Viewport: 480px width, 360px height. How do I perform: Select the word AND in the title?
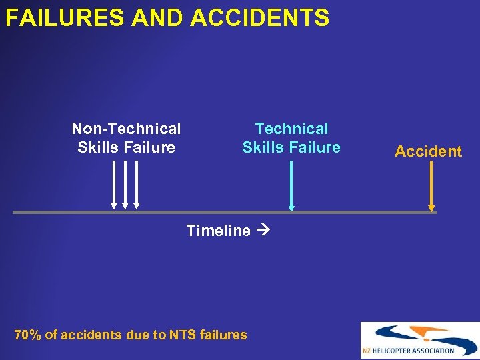pos(159,18)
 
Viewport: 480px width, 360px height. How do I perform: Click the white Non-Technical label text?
pos(126,129)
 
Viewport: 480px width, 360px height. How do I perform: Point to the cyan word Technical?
pos(291,129)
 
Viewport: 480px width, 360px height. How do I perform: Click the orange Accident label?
pos(428,151)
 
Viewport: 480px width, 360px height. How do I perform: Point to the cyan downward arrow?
pos(291,186)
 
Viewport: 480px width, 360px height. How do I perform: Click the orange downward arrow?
pos(432,186)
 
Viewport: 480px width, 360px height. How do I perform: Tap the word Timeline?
pos(218,231)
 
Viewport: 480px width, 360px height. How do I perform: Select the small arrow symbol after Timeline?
pos(261,231)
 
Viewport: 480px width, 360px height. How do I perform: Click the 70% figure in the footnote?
pos(27,335)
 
